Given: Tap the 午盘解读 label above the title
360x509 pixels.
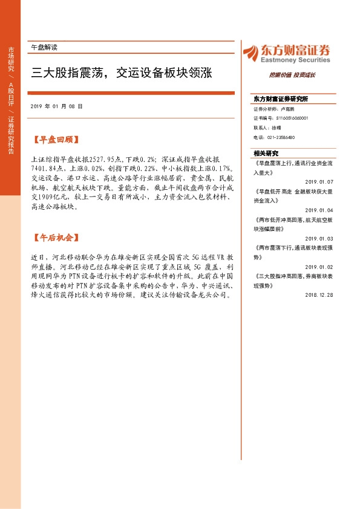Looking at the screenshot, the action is [44, 47].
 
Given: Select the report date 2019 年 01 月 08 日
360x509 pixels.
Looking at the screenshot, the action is [56, 106].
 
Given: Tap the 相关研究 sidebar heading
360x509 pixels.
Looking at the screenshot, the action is [266, 153].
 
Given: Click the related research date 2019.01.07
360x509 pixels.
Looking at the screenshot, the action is [319, 181].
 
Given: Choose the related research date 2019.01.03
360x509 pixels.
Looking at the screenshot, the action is [319, 239].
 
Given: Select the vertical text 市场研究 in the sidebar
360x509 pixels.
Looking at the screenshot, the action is [11, 60].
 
